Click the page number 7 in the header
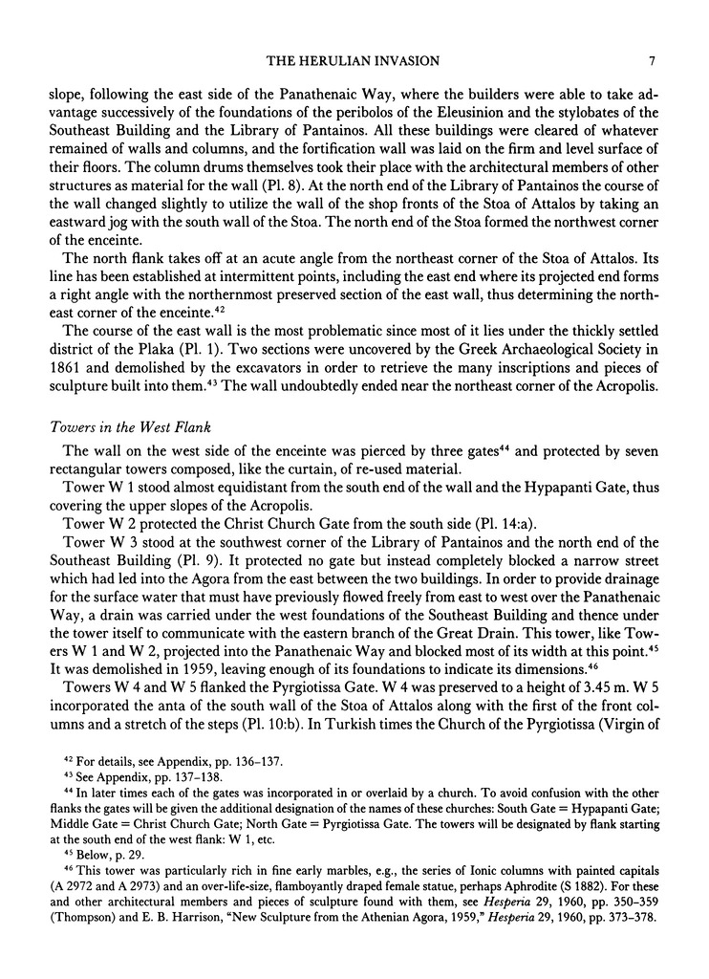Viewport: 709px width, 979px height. click(651, 61)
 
